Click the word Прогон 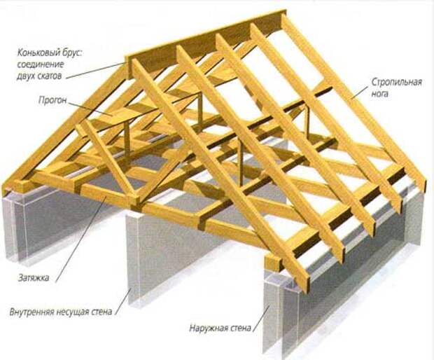pyautogui.click(x=52, y=100)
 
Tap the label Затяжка pyautogui.click(x=34, y=277)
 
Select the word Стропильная pyautogui.click(x=397, y=83)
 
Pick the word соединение pyautogui.click(x=41, y=64)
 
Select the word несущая pyautogui.click(x=71, y=312)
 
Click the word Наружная pyautogui.click(x=208, y=328)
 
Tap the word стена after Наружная pyautogui.click(x=239, y=328)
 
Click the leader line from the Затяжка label pyautogui.click(x=81, y=239)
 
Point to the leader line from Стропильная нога pyautogui.click(x=360, y=92)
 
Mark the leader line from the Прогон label pyautogui.click(x=90, y=109)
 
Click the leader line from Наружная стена pyautogui.click(x=260, y=318)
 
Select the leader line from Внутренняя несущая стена pyautogui.click(x=122, y=301)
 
